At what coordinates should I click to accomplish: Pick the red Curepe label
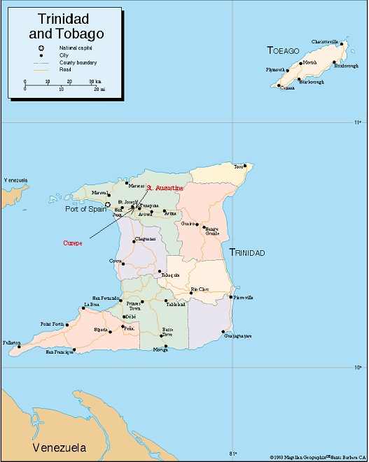tap(73, 243)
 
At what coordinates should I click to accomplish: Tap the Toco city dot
tap(246, 166)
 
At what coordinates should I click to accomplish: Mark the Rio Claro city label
tap(200, 289)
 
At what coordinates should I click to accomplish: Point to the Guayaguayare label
tap(237, 337)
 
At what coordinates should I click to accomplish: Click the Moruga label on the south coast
tap(160, 350)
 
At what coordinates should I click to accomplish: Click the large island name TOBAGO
tap(283, 50)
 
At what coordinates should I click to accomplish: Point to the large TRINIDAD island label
tap(247, 252)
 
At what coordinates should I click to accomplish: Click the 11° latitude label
tap(357, 122)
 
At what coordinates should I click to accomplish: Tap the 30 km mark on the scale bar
tap(92, 81)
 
